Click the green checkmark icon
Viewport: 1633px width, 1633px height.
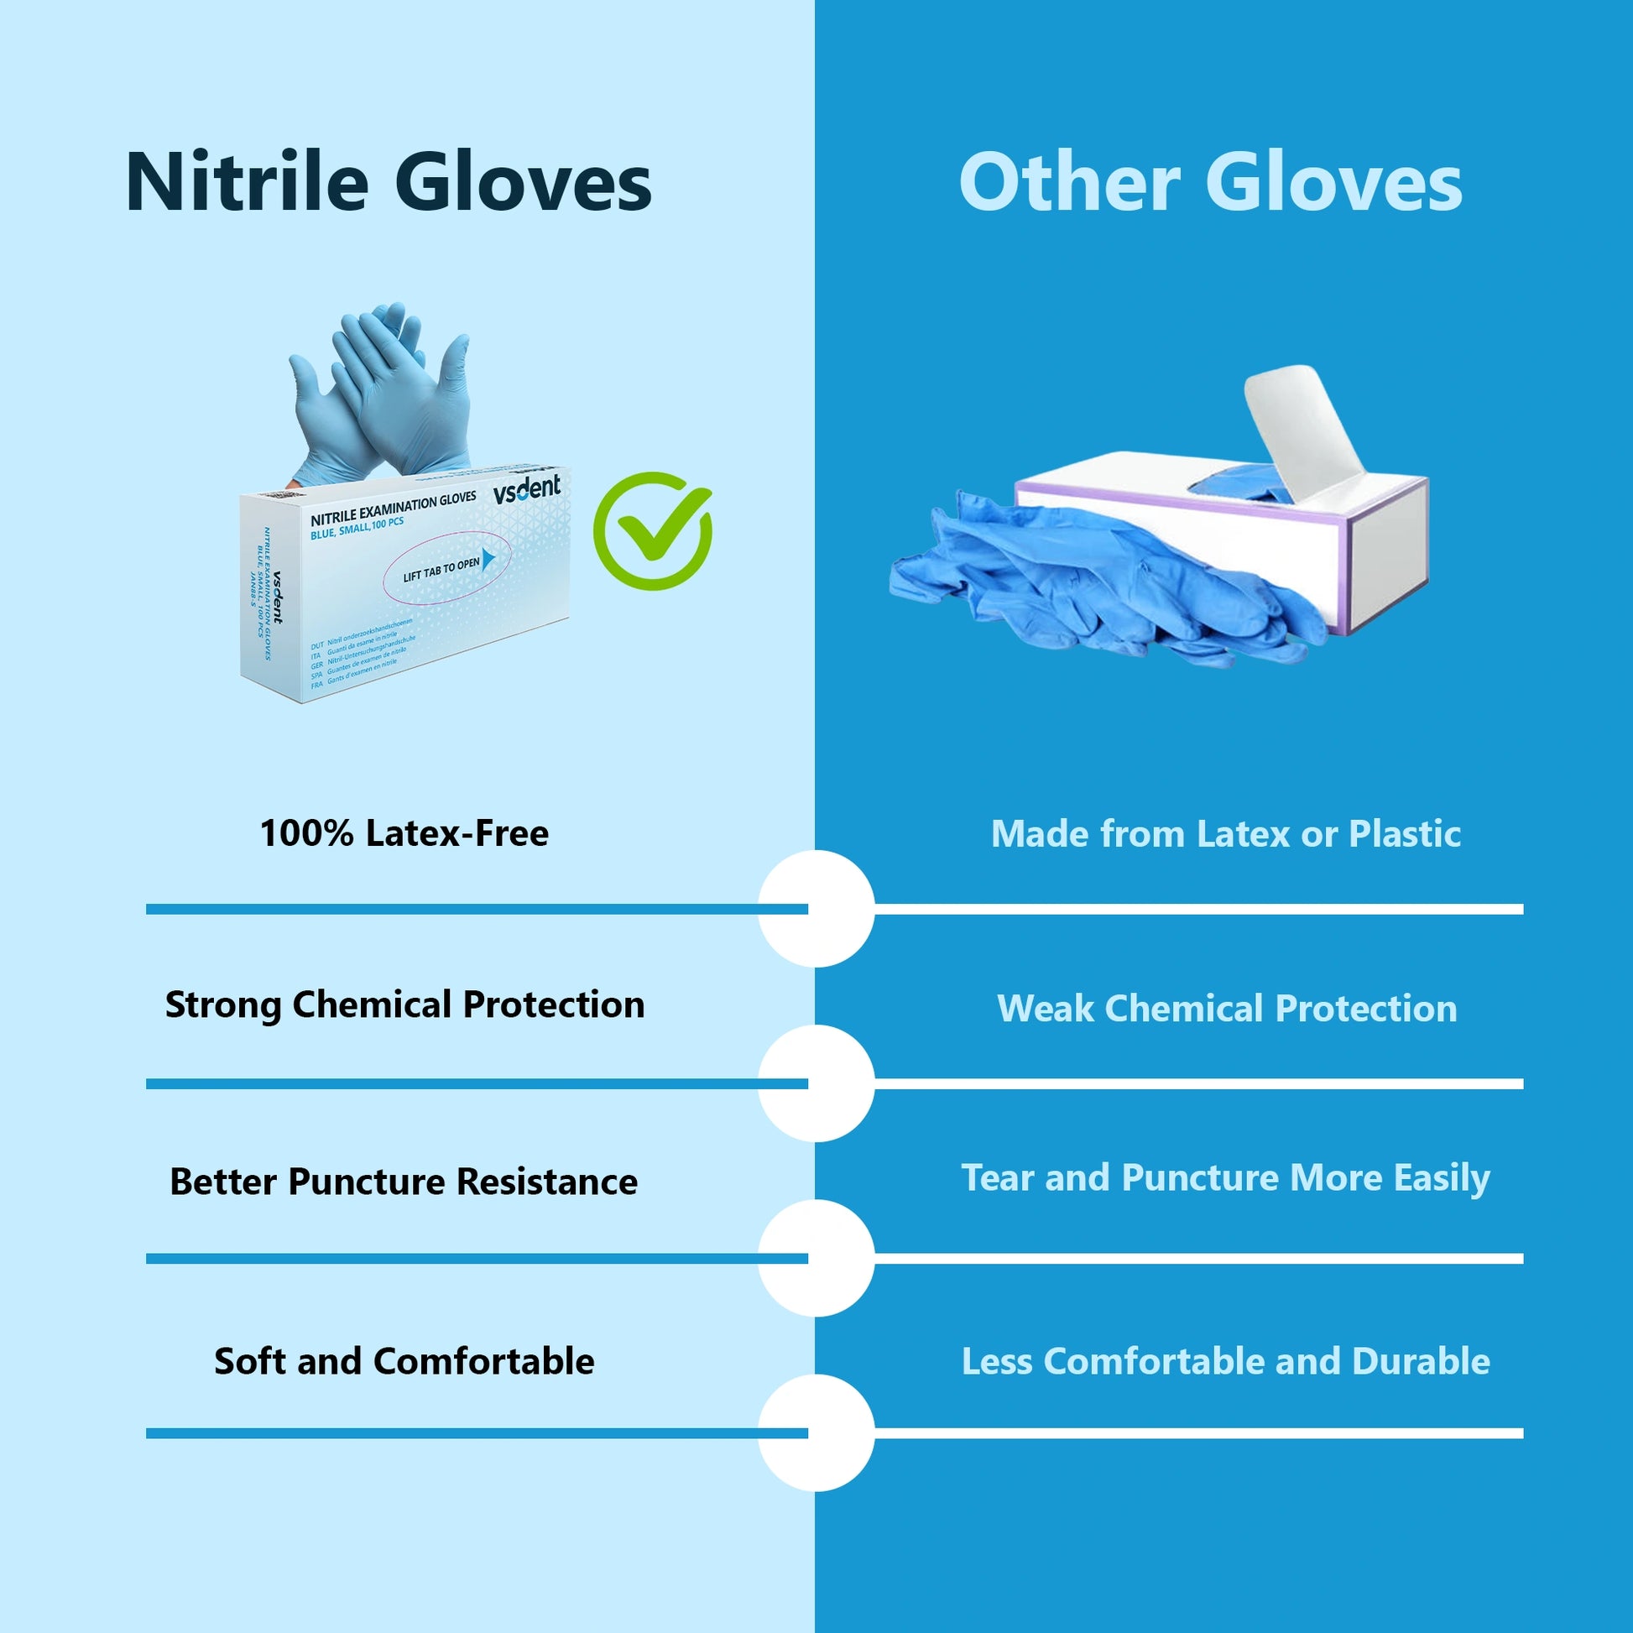652,531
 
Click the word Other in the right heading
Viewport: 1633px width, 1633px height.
1068,184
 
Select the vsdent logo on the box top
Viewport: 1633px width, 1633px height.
527,489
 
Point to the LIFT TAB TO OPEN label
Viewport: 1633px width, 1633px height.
441,569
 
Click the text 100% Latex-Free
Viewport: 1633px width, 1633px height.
404,833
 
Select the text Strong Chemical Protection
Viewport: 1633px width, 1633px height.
404,1005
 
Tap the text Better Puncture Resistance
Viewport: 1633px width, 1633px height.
404,1182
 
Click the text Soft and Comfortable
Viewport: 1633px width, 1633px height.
404,1361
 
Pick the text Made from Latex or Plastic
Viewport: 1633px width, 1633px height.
1226,834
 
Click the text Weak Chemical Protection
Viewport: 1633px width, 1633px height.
1226,1009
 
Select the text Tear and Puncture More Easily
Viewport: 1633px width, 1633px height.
1226,1178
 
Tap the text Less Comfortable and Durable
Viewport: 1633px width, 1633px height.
1226,1361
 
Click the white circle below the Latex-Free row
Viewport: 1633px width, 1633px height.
816,909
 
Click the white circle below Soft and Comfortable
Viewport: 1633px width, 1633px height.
816,1432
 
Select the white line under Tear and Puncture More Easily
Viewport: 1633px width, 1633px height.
1200,1259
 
